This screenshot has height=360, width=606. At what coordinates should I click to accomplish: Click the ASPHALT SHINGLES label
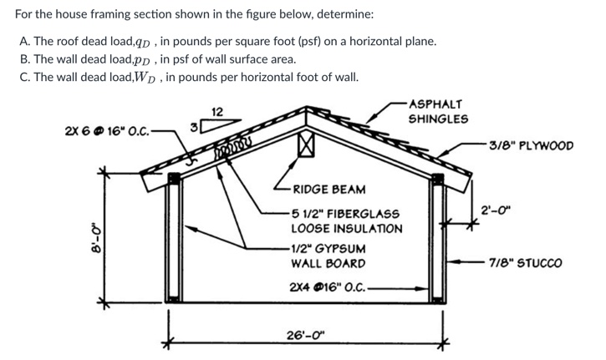pos(437,111)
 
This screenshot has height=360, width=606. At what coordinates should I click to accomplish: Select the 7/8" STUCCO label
pos(527,262)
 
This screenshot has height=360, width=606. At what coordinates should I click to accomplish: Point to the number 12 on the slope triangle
pos(216,112)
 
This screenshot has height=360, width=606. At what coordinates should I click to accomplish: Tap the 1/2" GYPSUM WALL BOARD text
pos(328,256)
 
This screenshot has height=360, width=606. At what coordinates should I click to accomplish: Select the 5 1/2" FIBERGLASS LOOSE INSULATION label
pos(346,221)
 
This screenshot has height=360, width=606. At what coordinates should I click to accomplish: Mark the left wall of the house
pos(172,240)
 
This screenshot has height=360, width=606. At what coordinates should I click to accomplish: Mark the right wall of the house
pos(435,240)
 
